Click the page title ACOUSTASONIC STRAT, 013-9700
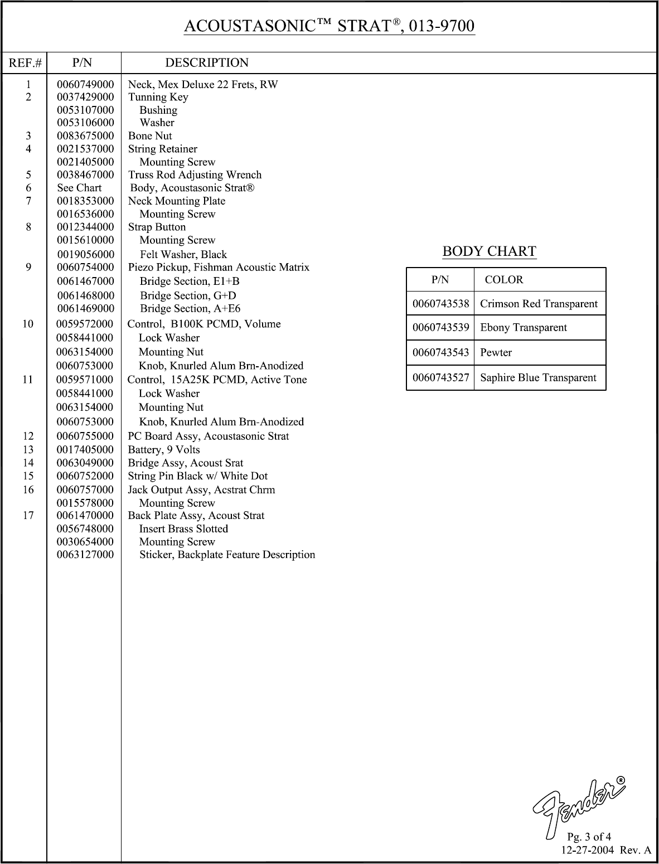(329, 26)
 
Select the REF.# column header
(25, 63)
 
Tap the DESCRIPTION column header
(207, 63)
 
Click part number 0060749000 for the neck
(85, 84)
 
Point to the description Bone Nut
(150, 136)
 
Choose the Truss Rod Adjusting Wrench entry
(195, 175)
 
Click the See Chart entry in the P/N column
(79, 188)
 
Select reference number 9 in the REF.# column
(28, 268)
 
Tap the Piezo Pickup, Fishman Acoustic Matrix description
(219, 268)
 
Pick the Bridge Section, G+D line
(188, 295)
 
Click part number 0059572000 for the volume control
(85, 324)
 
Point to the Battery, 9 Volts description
(164, 450)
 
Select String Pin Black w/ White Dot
(198, 476)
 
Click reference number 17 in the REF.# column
(28, 516)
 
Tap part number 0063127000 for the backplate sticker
(85, 555)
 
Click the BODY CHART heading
(489, 251)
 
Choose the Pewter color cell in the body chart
(496, 353)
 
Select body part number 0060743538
(440, 304)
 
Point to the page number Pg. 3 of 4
(589, 837)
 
